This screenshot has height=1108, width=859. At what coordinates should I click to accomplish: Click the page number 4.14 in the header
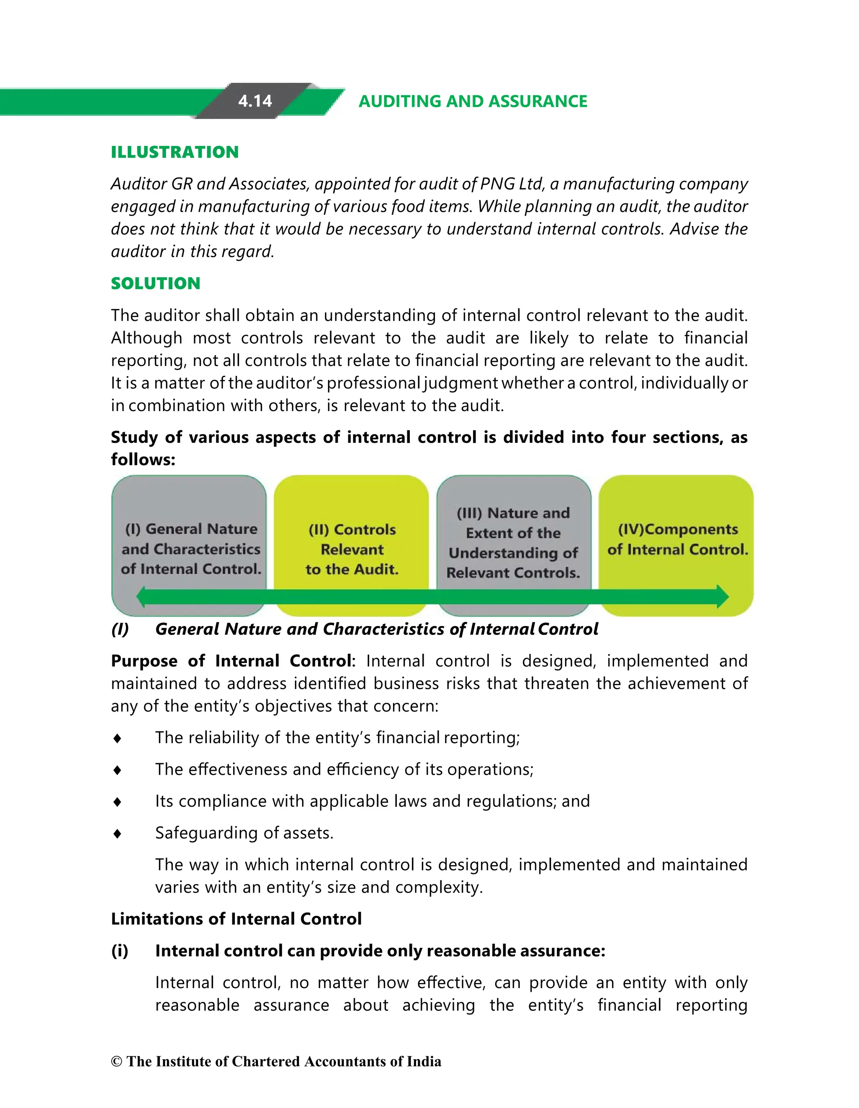point(255,101)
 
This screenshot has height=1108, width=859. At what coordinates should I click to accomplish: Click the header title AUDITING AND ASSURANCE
point(472,101)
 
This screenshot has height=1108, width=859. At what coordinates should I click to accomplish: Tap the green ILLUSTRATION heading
point(174,152)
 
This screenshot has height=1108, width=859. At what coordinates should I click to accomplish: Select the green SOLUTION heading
point(155,283)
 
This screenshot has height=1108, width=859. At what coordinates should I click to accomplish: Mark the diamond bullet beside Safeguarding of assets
point(117,834)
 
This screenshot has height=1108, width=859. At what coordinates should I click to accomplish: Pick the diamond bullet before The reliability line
point(117,738)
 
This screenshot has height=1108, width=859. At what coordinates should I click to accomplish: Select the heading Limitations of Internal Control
point(236,919)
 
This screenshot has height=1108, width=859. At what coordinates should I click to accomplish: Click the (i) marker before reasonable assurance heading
point(119,951)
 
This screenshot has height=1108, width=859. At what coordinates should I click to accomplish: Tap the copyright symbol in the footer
point(117,1062)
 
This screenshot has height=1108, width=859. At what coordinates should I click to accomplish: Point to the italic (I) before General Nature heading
point(120,629)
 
